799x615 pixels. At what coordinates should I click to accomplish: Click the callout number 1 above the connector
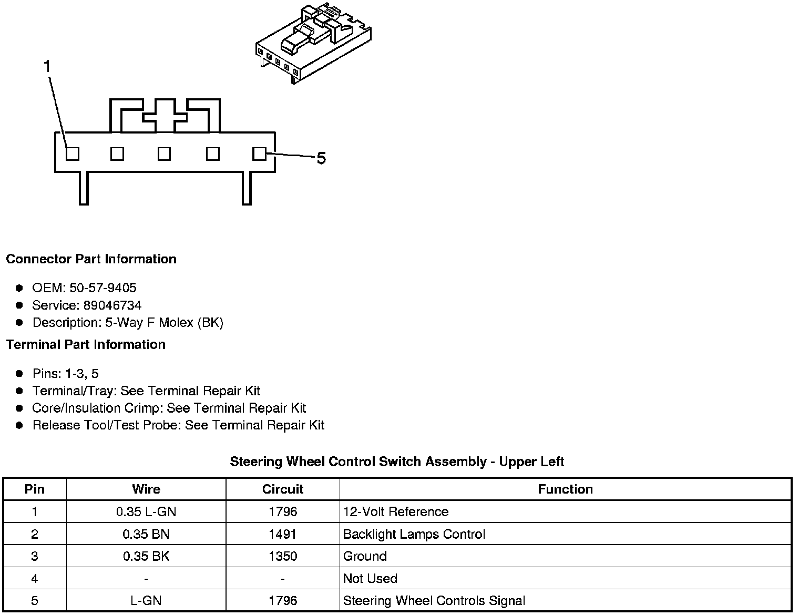47,67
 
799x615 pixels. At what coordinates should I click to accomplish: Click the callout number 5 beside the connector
321,158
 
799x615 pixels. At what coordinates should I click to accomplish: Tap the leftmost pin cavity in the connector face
73,153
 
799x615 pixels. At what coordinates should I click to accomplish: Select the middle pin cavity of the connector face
165,153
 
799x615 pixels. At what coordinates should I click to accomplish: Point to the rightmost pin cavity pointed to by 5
259,153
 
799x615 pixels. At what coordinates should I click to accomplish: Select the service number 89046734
112,305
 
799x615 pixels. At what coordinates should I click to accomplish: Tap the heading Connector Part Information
91,259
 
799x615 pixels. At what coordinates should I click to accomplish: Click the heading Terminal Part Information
86,345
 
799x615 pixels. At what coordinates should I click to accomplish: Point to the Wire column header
146,489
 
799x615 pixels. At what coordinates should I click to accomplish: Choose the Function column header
565,489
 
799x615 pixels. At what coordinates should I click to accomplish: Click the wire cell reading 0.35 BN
146,535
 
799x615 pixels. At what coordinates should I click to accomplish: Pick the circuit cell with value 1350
283,557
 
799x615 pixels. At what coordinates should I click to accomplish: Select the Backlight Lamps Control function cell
414,535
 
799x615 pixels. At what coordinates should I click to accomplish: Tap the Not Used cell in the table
370,579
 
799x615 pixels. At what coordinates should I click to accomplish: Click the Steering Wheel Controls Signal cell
434,601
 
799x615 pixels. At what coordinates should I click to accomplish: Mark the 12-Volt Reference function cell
396,512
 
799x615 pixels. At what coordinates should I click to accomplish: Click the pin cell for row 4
35,579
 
